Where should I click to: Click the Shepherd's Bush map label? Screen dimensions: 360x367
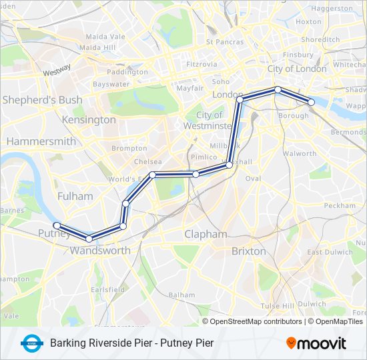(43, 100)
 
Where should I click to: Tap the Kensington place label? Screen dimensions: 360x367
(89, 120)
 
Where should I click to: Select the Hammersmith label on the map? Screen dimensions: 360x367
(41, 141)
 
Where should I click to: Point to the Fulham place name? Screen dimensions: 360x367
(70, 196)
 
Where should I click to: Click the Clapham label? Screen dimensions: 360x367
(206, 235)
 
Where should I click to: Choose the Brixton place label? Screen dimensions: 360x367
(248, 251)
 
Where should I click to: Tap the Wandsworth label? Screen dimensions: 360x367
(100, 251)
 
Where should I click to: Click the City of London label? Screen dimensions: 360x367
(297, 69)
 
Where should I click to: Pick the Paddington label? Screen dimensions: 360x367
(127, 72)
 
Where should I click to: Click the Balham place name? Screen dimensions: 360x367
(181, 294)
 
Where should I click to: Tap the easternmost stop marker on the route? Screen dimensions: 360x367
(311, 102)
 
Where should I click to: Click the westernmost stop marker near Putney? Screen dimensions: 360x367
(57, 225)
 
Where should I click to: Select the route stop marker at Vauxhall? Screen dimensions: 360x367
(229, 164)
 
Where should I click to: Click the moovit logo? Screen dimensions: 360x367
(316, 343)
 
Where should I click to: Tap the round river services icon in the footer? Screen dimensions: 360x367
(31, 343)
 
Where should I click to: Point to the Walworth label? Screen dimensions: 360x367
(299, 153)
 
